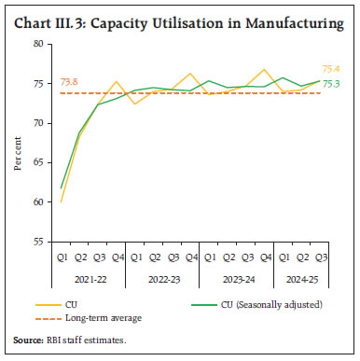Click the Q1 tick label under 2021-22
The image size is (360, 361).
[x=62, y=257]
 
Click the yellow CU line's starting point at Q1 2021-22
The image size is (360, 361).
[x=62, y=201]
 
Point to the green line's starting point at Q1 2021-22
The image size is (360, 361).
[x=62, y=188]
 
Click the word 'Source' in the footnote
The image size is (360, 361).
[x=28, y=340]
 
